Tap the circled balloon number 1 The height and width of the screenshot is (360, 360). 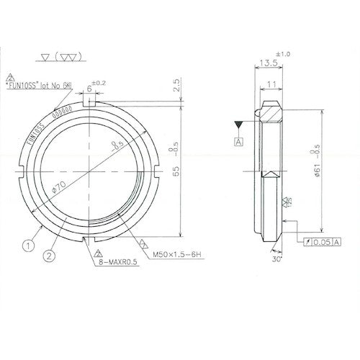[x=27, y=246]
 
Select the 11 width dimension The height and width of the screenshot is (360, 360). [x=271, y=84]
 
